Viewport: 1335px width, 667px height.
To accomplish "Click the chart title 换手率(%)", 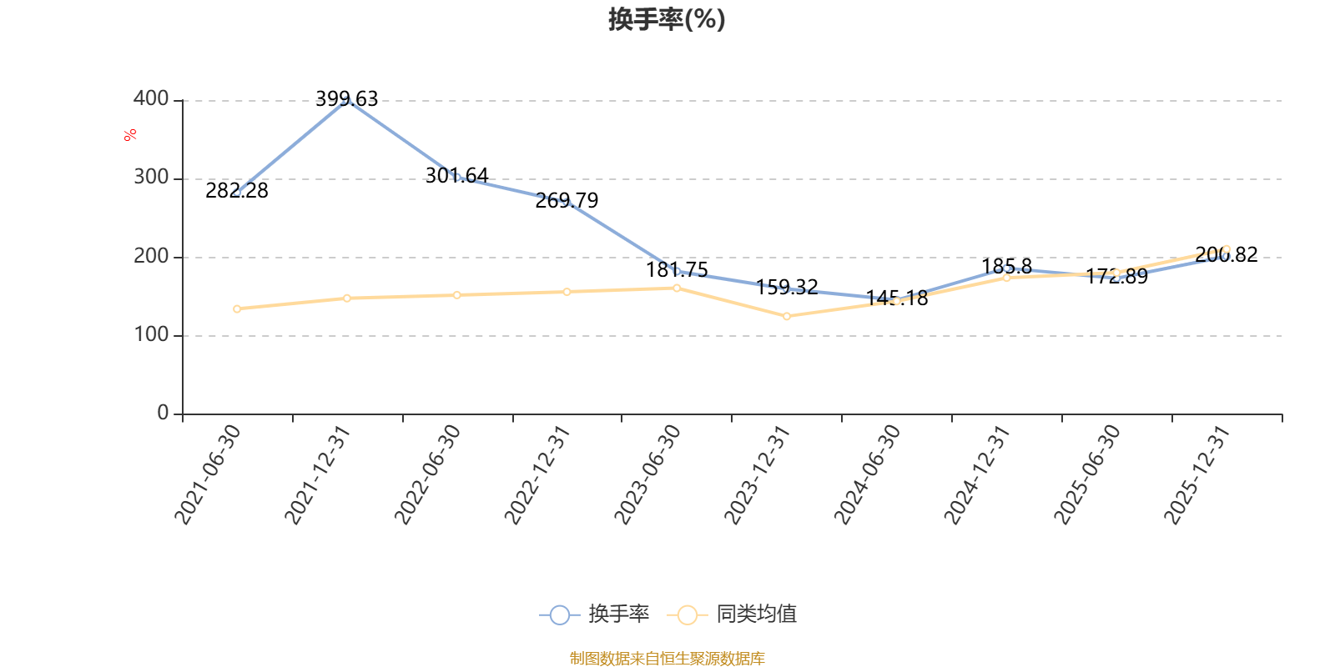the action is click(667, 19).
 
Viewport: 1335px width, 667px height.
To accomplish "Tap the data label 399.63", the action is click(347, 98).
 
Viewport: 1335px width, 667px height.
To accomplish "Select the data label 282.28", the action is click(237, 191).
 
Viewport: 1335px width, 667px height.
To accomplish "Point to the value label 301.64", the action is click(456, 175).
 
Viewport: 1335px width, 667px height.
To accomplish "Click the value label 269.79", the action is click(567, 201).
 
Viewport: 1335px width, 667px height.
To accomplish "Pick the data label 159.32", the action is click(787, 287).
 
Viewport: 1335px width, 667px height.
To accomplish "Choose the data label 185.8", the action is click(1006, 266).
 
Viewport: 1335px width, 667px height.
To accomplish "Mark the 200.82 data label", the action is click(1227, 255).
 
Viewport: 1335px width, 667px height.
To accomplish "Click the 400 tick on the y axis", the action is click(151, 99).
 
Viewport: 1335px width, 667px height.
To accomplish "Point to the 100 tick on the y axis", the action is click(151, 334).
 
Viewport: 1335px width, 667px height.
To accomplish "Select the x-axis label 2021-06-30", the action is click(208, 474).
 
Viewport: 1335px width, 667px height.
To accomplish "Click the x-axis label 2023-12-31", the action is click(757, 474).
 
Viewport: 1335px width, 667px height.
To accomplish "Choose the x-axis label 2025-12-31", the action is click(1196, 474).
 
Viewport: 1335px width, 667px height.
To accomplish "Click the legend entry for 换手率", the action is click(594, 614).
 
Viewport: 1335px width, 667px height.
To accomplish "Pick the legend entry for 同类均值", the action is click(732, 614).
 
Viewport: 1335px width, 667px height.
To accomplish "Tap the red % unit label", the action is click(130, 135).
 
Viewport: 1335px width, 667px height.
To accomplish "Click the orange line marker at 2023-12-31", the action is click(787, 316).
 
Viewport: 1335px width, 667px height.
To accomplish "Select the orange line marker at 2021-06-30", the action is click(237, 309).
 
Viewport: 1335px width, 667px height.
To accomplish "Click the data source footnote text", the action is click(667, 658).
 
